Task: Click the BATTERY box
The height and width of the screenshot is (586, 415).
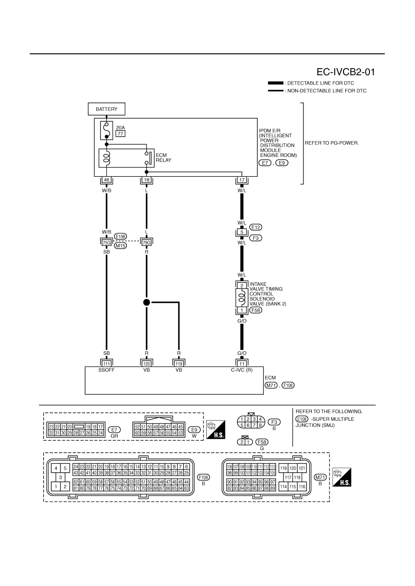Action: click(x=106, y=109)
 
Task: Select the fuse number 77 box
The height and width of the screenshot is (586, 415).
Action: click(x=120, y=134)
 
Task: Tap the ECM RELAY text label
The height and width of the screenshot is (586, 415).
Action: click(x=164, y=157)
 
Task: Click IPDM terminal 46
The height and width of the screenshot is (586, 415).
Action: click(x=106, y=180)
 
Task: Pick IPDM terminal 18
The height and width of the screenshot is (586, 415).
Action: click(x=146, y=180)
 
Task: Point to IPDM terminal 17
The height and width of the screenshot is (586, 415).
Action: click(x=242, y=180)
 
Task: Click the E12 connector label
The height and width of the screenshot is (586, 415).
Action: click(x=256, y=227)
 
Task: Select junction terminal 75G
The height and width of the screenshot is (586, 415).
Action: click(x=106, y=243)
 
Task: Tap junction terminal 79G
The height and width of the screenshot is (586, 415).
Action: click(x=146, y=243)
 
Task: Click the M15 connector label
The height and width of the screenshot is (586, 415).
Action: click(x=120, y=245)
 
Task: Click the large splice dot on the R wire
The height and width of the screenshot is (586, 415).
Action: click(x=146, y=303)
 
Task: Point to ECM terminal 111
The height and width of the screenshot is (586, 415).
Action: click(x=106, y=364)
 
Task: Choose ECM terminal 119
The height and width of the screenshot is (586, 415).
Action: click(x=178, y=364)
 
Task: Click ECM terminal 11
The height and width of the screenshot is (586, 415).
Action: click(x=242, y=364)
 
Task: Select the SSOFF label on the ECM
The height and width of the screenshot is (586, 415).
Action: click(x=106, y=370)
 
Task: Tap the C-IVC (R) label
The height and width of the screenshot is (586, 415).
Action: click(x=242, y=370)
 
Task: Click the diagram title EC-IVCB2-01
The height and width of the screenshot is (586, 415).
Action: click(x=346, y=72)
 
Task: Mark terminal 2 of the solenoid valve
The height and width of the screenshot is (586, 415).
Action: click(x=242, y=285)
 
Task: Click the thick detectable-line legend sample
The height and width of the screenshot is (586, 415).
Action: click(x=276, y=83)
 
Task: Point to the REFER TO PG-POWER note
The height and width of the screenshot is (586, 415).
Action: click(x=332, y=143)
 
